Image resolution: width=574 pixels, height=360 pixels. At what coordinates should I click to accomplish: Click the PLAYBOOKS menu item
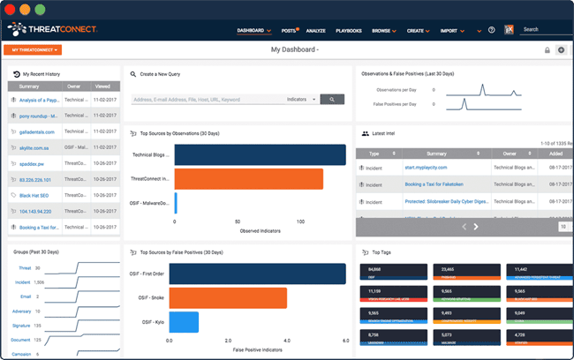tap(349, 31)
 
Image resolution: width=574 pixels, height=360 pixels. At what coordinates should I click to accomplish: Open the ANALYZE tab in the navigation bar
tap(315, 31)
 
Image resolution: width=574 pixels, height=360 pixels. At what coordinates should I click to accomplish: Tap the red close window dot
tap(12, 9)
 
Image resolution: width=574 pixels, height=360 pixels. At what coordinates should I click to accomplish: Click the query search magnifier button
tap(332, 100)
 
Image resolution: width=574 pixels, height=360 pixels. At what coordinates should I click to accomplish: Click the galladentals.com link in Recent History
tap(37, 131)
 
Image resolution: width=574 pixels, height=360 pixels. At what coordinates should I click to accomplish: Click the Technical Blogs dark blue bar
tap(261, 154)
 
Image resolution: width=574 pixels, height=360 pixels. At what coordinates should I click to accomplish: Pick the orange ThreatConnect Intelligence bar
tap(249, 179)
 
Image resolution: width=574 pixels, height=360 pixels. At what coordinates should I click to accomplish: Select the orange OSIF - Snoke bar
tap(227, 298)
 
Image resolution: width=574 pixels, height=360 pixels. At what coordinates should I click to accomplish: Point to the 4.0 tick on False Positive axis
tap(286, 340)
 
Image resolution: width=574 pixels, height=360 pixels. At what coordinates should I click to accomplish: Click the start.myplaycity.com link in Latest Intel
tap(426, 167)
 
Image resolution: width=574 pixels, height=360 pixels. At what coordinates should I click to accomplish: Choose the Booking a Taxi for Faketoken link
tap(437, 184)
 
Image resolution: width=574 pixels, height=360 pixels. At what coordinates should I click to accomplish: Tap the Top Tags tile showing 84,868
tap(384, 273)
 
